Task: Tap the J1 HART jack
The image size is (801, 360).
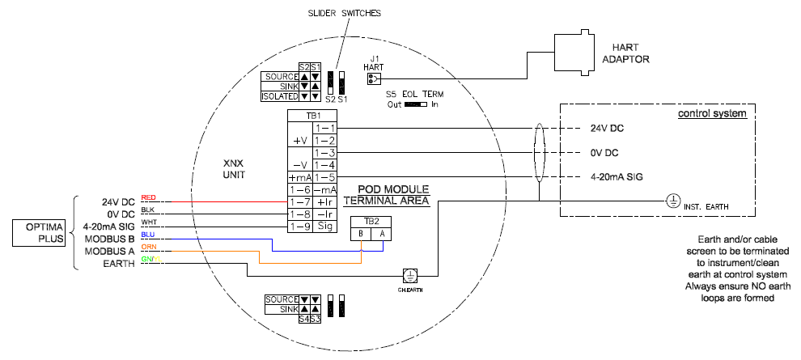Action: [373, 78]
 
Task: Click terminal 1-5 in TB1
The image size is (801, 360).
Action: [325, 177]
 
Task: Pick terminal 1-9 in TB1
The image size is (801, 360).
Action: [300, 227]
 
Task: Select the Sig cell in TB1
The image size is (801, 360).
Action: [325, 227]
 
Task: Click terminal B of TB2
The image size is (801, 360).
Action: [361, 235]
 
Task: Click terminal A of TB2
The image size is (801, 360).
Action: [383, 235]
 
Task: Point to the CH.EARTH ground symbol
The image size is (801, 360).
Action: [410, 275]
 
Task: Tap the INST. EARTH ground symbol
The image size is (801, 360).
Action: [671, 201]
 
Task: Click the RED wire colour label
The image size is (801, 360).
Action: [148, 197]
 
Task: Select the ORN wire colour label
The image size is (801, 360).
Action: [148, 247]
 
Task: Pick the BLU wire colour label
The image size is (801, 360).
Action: [148, 235]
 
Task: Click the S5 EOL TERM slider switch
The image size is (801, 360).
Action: [416, 104]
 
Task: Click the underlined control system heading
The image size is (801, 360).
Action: [711, 113]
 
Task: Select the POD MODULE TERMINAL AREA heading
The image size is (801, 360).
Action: [385, 194]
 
